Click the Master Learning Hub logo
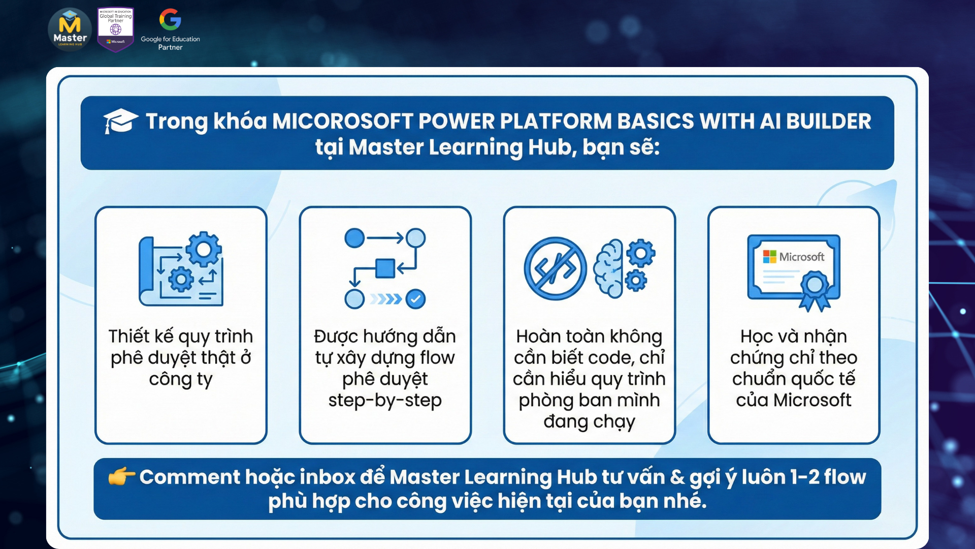point(70,29)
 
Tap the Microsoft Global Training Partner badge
point(116,29)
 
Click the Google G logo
point(170,19)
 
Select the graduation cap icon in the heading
point(120,121)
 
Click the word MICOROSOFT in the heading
point(343,121)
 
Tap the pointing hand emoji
point(121,477)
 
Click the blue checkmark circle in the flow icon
point(416,299)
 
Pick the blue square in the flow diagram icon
point(385,268)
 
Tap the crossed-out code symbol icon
point(555,268)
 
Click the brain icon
point(608,268)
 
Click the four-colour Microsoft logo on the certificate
point(770,257)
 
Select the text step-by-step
point(385,401)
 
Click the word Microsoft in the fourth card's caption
point(812,401)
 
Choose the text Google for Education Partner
point(170,43)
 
